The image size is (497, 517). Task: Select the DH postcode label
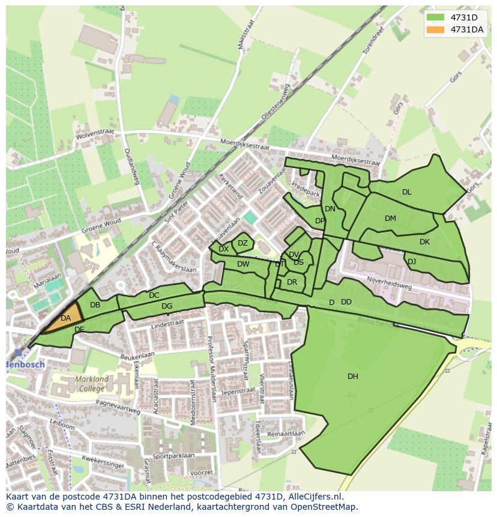(x=353, y=376)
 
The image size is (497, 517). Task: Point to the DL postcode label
(x=407, y=192)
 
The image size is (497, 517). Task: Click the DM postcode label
(x=390, y=219)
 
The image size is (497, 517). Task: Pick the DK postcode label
(x=424, y=242)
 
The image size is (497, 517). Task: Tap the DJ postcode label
(x=412, y=262)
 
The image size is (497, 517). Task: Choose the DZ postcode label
(x=242, y=243)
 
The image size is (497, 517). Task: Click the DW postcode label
(x=243, y=264)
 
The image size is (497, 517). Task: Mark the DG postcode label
(x=167, y=306)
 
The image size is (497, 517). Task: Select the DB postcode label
(x=95, y=305)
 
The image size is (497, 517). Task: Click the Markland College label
(x=92, y=384)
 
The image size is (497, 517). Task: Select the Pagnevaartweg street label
(x=118, y=408)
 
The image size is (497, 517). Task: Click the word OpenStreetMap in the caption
(x=324, y=507)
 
